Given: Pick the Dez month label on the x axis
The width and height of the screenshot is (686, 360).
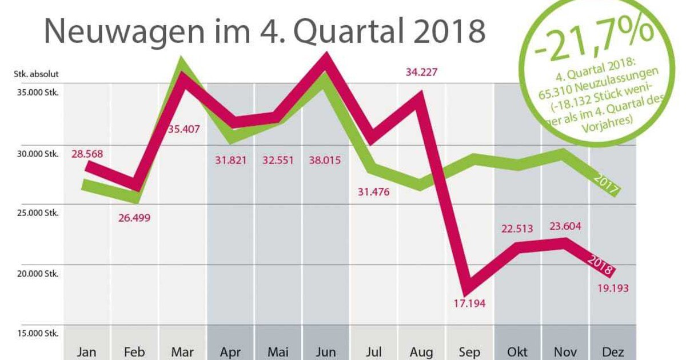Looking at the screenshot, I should click(613, 351).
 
